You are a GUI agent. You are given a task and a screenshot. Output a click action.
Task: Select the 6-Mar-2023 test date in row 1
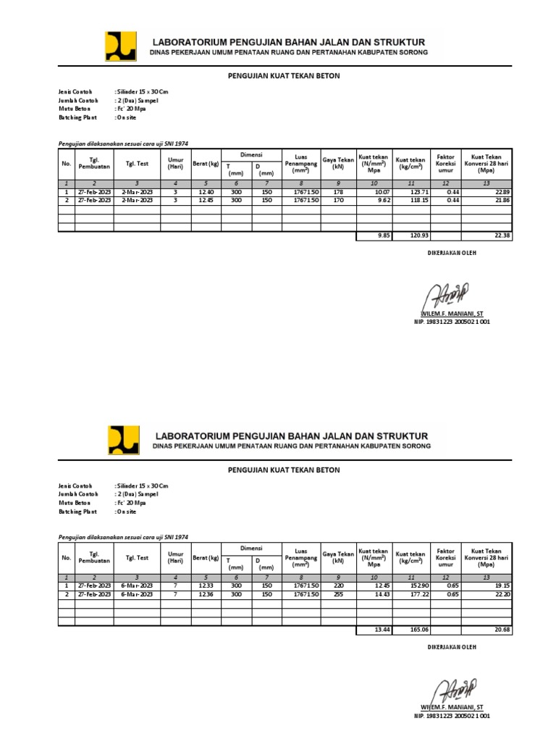pos(137,585)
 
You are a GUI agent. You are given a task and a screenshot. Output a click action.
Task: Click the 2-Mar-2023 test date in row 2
pos(137,199)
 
